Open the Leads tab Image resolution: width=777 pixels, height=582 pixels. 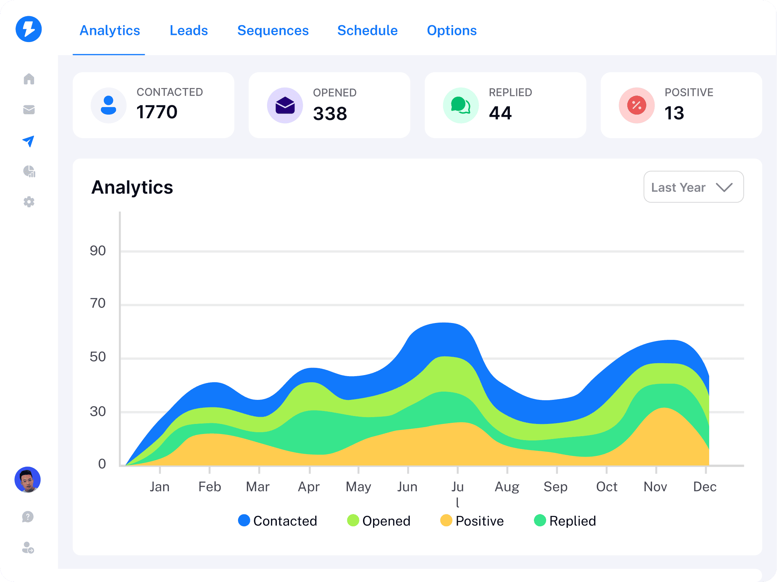pyautogui.click(x=189, y=31)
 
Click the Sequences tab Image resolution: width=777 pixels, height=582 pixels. pyautogui.click(x=273, y=31)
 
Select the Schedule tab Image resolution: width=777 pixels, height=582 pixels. pyautogui.click(x=367, y=31)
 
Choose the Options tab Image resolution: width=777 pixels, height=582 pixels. pyautogui.click(x=452, y=31)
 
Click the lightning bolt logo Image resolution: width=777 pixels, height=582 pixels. pyautogui.click(x=29, y=29)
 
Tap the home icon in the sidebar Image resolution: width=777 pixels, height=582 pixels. pyautogui.click(x=29, y=79)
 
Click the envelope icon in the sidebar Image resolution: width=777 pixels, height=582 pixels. pyautogui.click(x=29, y=110)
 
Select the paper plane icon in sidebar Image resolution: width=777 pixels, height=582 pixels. pyautogui.click(x=28, y=141)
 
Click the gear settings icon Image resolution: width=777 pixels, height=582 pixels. pyautogui.click(x=29, y=202)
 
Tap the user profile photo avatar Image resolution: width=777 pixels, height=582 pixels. pyautogui.click(x=28, y=480)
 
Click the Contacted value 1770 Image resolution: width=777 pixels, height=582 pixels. pyautogui.click(x=157, y=112)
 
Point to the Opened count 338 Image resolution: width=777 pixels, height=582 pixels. pyautogui.click(x=330, y=114)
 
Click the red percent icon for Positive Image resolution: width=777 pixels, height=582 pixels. pyautogui.click(x=637, y=105)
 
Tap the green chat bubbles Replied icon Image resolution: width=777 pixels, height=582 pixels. pyautogui.click(x=461, y=105)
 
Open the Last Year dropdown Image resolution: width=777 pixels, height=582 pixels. pyautogui.click(x=693, y=187)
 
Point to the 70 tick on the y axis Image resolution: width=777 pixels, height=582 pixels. pyautogui.click(x=98, y=303)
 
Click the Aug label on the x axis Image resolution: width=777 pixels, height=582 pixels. pyautogui.click(x=507, y=487)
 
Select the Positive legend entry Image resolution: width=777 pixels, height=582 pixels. pyautogui.click(x=472, y=521)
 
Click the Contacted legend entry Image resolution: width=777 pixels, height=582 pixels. pyautogui.click(x=278, y=521)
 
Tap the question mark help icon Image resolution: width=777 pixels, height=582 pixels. pyautogui.click(x=28, y=517)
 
